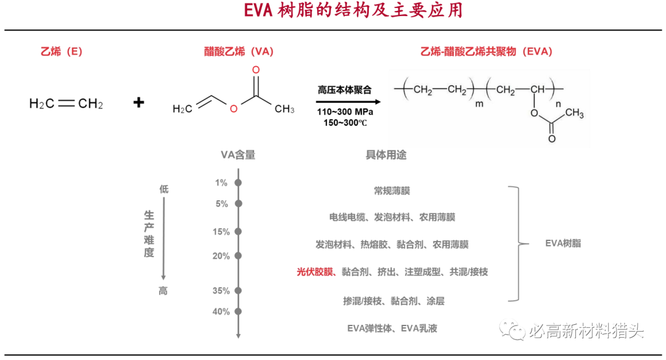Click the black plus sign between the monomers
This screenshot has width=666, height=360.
point(139,102)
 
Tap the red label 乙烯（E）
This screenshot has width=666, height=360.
point(62,51)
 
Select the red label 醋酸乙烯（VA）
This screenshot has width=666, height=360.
point(239,51)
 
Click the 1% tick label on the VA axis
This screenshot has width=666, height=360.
point(221,182)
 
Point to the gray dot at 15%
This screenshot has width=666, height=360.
point(238,231)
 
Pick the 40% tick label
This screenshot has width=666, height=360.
point(221,311)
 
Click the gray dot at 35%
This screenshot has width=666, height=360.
point(238,291)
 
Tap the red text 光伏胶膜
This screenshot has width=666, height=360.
point(314,272)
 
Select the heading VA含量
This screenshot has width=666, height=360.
point(238,155)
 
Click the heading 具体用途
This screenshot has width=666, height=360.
point(386,155)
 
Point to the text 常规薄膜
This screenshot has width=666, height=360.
point(392,190)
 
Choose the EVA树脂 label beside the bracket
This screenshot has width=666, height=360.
point(563,243)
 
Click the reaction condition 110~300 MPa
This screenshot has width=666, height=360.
point(345,112)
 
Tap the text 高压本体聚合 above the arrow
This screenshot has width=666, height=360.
point(345,90)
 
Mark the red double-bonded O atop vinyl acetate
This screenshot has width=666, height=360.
point(256,70)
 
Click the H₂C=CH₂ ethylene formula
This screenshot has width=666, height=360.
point(66,104)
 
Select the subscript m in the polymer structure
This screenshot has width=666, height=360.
point(479,104)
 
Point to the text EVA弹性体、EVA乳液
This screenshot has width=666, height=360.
point(392,328)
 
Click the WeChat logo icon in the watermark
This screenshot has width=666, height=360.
point(512,330)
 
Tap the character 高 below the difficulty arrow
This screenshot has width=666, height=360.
point(163,291)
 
